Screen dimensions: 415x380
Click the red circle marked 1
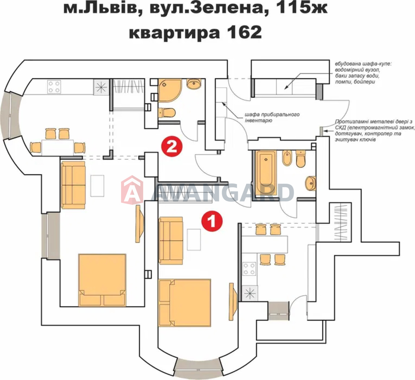point(212,221)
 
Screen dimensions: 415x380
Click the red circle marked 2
point(172,146)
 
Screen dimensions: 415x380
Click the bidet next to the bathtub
point(287,158)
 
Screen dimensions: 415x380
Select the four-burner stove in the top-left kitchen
point(54,87)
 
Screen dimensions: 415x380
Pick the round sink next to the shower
point(194,84)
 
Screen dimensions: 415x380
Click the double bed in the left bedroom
point(102,280)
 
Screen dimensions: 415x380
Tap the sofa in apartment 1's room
point(171,241)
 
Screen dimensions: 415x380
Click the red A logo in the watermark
point(132,190)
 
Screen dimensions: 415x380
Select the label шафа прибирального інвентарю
point(272,117)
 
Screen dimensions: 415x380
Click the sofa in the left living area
point(73,185)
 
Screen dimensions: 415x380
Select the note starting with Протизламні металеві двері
point(375,131)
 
